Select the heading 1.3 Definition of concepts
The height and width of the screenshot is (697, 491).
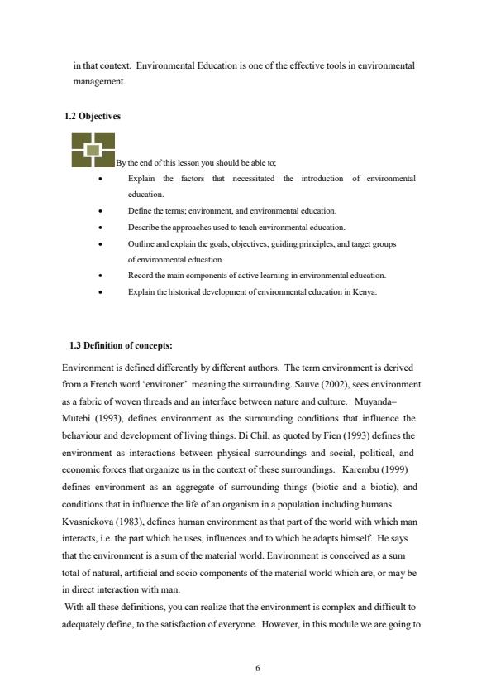click(x=121, y=345)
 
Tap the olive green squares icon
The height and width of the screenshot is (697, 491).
click(x=93, y=150)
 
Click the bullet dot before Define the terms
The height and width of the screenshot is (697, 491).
click(x=99, y=211)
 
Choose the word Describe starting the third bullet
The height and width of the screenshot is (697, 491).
click(x=144, y=227)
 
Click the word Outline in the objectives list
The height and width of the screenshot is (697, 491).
click(x=142, y=244)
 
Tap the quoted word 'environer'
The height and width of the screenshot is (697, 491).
click(x=179, y=385)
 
